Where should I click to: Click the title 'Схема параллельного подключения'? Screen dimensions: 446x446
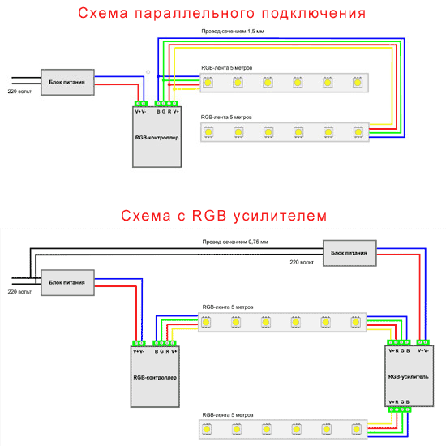[x=222, y=14]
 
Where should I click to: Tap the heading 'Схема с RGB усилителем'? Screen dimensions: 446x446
[x=223, y=217]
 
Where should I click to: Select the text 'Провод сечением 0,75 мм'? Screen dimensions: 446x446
[x=235, y=242]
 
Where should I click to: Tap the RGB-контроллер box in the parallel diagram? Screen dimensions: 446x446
[x=157, y=138]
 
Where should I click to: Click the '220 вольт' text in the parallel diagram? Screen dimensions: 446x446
[x=19, y=92]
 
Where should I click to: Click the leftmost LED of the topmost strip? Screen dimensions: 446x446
[x=209, y=82]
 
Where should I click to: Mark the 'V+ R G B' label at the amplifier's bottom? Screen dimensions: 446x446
[x=399, y=401]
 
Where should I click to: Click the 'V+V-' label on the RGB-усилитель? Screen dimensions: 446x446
[x=423, y=350]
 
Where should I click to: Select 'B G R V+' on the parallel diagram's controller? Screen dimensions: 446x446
[x=168, y=110]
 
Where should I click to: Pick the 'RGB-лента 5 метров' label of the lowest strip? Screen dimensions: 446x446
[x=229, y=414]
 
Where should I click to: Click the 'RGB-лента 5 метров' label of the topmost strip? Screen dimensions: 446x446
[x=229, y=68]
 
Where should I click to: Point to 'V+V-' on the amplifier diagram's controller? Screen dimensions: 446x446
[x=139, y=350]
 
